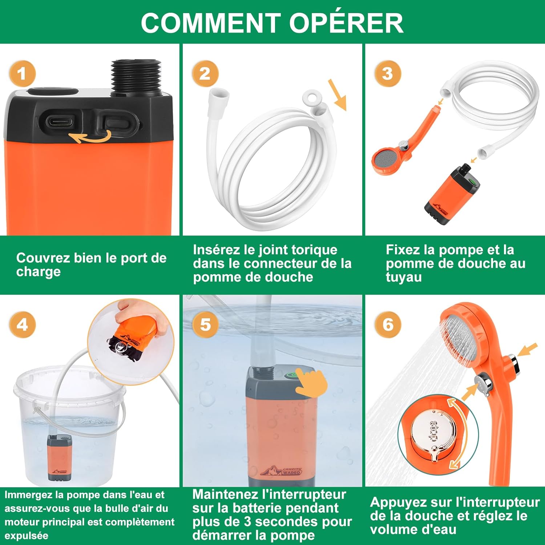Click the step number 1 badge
pyautogui.click(x=22, y=74)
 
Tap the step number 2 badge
pyautogui.click(x=205, y=74)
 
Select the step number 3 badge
pyautogui.click(x=388, y=74)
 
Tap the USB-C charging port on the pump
pyautogui.click(x=58, y=120)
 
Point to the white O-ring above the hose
pyautogui.click(x=312, y=97)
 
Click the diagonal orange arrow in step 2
pyautogui.click(x=337, y=95)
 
